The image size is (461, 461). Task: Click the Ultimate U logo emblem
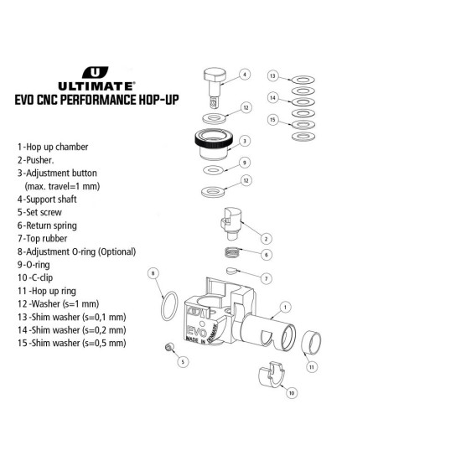95,72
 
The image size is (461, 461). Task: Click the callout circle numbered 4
245,75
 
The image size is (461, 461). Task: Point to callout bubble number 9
245,163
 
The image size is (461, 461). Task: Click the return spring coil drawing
233,252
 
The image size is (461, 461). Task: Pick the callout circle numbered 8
153,273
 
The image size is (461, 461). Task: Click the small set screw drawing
169,347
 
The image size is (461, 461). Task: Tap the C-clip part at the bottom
271,375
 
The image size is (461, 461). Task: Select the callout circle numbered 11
312,367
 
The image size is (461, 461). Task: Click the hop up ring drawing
311,341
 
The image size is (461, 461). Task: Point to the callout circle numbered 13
273,75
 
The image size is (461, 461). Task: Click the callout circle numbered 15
273,120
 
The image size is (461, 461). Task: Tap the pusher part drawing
231,224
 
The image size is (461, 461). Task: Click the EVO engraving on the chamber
197,332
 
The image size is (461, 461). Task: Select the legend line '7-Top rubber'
43,238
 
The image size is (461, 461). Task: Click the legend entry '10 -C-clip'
35,277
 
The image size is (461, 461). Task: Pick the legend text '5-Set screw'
39,212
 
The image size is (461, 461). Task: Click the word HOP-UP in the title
158,100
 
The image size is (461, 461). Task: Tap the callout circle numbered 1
285,308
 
